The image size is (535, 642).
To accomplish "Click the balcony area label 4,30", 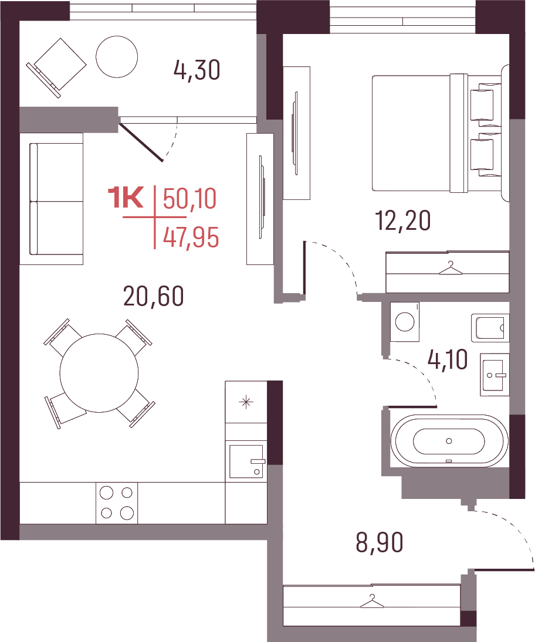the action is pos(197,70).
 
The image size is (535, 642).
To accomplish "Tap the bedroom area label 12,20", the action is pos(403,220).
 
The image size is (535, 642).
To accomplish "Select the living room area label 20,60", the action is pos(154,297).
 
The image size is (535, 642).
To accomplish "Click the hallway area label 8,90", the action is pos(380,542).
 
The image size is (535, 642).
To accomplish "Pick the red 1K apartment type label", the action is pos(126,198).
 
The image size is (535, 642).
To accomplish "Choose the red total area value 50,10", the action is pos(189,199).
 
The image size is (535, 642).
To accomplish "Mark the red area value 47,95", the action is pos(191,237).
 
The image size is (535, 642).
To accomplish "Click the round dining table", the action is pos(99,373).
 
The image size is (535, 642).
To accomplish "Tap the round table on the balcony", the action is pos(117,56).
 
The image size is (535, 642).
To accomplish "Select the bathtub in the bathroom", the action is pos(449,441).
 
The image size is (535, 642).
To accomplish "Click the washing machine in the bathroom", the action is pos(405,321).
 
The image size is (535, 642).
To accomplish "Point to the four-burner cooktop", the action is pos(117,503).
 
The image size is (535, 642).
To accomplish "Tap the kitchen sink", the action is pos(246,461).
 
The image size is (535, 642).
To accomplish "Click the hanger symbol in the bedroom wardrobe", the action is pos(450,269).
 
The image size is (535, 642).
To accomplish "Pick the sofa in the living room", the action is pos(56,199).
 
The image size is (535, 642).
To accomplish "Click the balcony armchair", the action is pos(56,67).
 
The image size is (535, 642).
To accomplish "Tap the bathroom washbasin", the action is pos(495,375).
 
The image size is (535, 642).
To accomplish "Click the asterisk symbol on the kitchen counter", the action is pos(246,402).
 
